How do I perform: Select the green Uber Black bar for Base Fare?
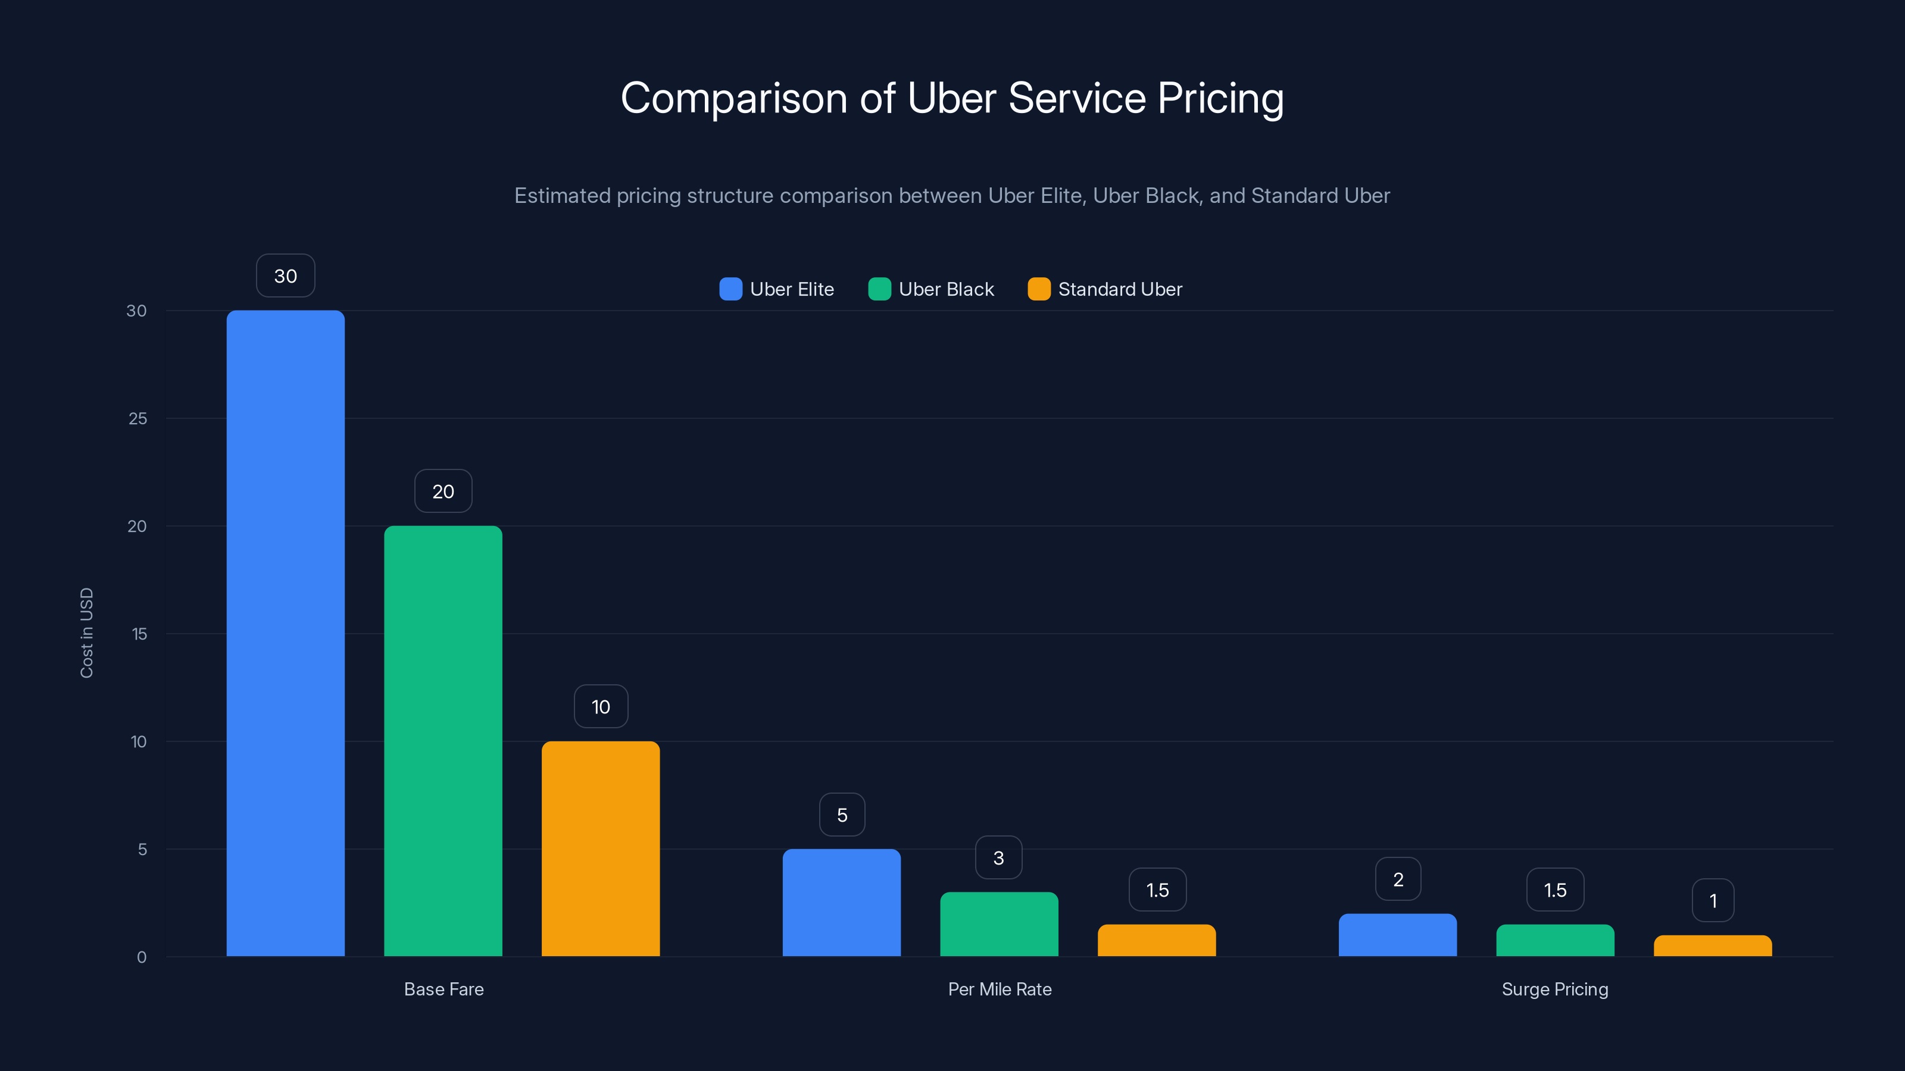tap(443, 741)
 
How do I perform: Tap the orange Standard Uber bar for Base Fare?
tap(601, 848)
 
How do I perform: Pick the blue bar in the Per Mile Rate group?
tap(842, 903)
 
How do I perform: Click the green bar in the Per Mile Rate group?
tap(999, 924)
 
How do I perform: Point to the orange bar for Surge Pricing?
tap(1713, 946)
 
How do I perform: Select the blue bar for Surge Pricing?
tap(1398, 935)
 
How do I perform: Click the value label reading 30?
tap(286, 275)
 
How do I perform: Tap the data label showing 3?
tap(998, 857)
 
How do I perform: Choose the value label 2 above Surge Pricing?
tap(1398, 879)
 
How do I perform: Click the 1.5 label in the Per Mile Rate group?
tap(1157, 890)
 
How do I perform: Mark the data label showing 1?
tap(1713, 900)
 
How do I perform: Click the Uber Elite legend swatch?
tap(730, 289)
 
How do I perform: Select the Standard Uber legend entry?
tap(1120, 289)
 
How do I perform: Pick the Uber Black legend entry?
tap(946, 289)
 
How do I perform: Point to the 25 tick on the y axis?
tap(138, 418)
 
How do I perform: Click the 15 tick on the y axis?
tap(139, 634)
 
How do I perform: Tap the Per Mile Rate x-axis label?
tap(999, 989)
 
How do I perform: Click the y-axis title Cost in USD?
tap(86, 632)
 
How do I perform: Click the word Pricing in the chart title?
tap(1220, 98)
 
